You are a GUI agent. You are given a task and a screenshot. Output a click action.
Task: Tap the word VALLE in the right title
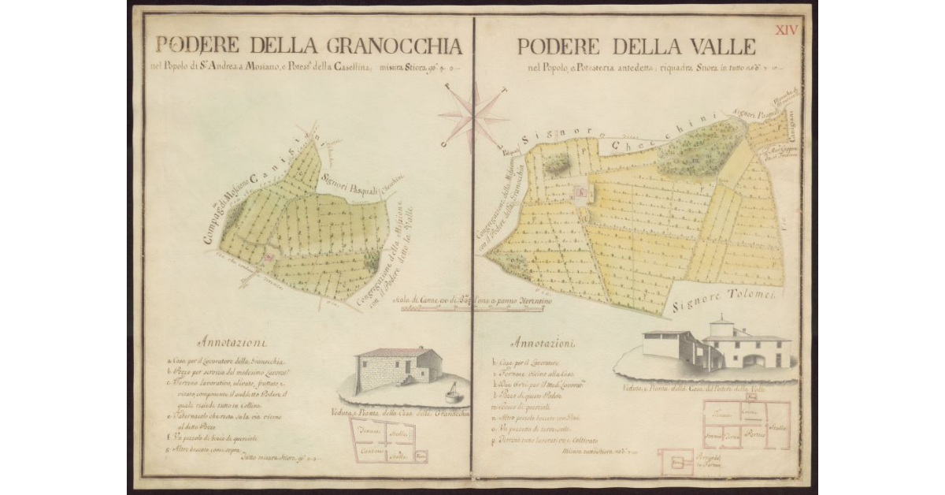[x=715, y=47]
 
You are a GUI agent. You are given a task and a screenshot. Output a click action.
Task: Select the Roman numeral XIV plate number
[x=787, y=30]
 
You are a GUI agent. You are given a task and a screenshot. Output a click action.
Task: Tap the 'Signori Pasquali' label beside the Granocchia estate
[x=350, y=184]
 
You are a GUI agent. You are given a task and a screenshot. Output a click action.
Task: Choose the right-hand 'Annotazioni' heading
[x=543, y=344]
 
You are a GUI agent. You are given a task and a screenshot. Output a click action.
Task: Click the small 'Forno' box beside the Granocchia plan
[x=421, y=456]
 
